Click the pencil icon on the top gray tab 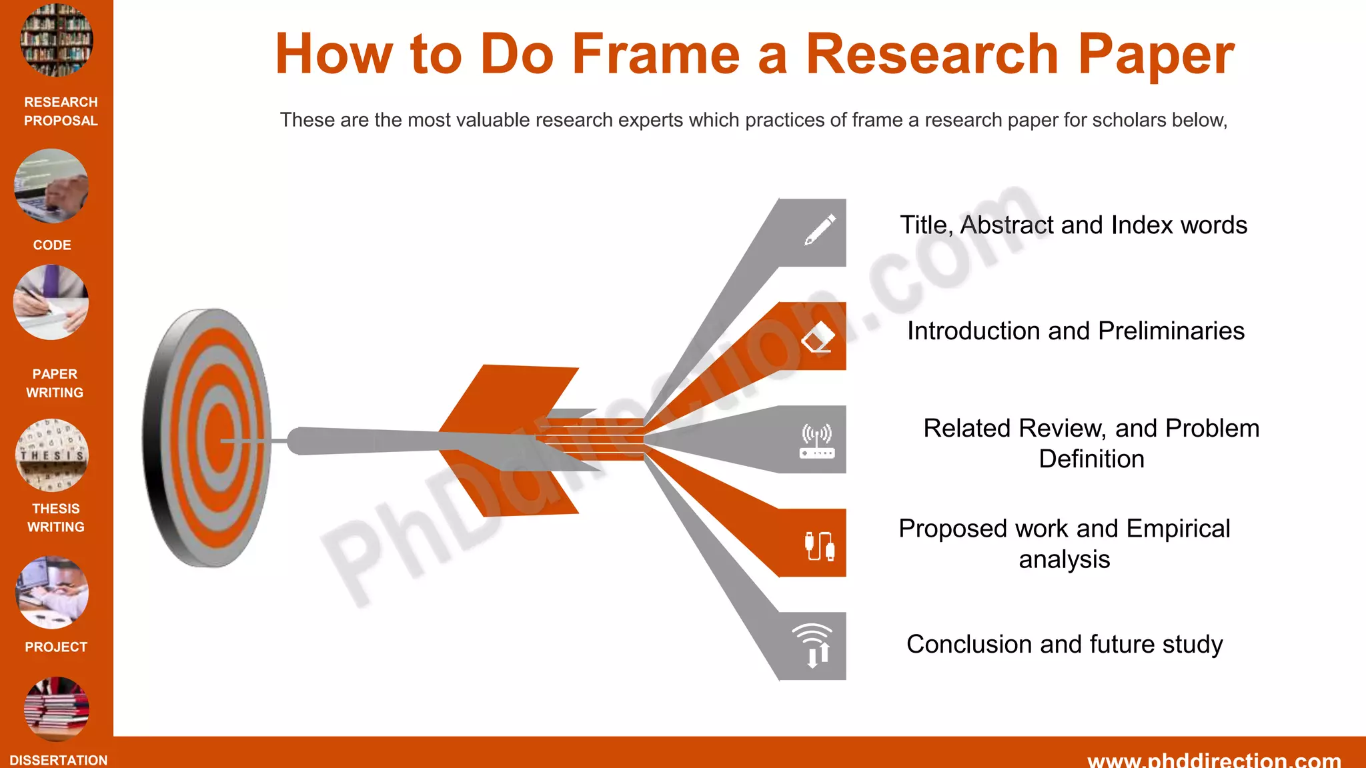pos(819,230)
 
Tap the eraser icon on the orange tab pos(818,337)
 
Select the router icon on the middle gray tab pos(816,441)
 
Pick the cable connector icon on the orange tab pos(818,545)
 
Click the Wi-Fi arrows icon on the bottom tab pos(813,645)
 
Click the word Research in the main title pos(932,55)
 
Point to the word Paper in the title pos(1156,55)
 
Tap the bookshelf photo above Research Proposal pos(57,40)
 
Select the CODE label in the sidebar pos(52,245)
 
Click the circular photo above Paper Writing pos(51,303)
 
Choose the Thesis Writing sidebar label pos(56,518)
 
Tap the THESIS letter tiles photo pos(52,455)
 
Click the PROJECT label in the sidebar pos(56,647)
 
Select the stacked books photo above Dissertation pos(57,709)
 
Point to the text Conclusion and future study pos(1065,645)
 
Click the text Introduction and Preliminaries pos(1075,331)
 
